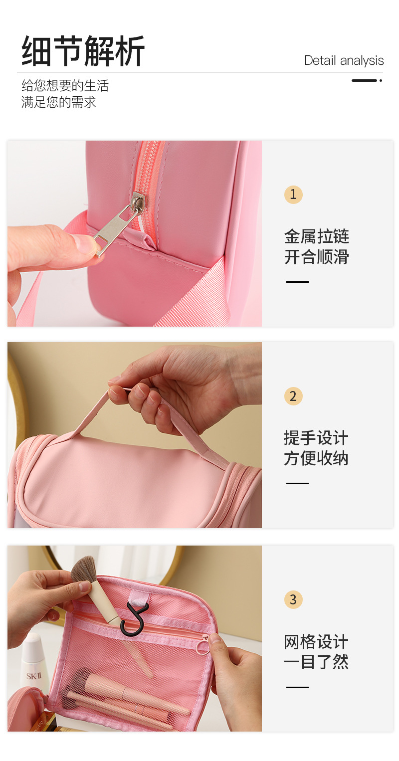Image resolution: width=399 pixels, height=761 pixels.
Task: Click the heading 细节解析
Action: (x=83, y=51)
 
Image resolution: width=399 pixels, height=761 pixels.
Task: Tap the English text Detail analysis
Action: (x=344, y=60)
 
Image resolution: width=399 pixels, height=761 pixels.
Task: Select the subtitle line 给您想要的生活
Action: (x=65, y=86)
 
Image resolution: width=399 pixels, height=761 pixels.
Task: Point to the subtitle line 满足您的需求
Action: (x=58, y=102)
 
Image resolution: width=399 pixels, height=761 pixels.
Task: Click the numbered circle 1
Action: (x=293, y=194)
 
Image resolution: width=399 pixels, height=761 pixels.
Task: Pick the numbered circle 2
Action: (x=293, y=396)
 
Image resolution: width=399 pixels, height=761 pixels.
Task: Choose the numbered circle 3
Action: (x=293, y=599)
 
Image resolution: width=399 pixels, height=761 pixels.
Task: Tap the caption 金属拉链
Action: (x=316, y=236)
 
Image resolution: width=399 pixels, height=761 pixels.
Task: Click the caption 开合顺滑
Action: (x=316, y=257)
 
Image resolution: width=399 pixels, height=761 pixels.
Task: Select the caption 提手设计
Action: (x=316, y=438)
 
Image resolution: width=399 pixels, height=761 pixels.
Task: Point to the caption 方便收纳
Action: (x=316, y=458)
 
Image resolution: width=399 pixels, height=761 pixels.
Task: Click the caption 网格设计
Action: (x=316, y=642)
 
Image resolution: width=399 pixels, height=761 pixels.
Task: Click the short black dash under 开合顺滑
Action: (x=297, y=282)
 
